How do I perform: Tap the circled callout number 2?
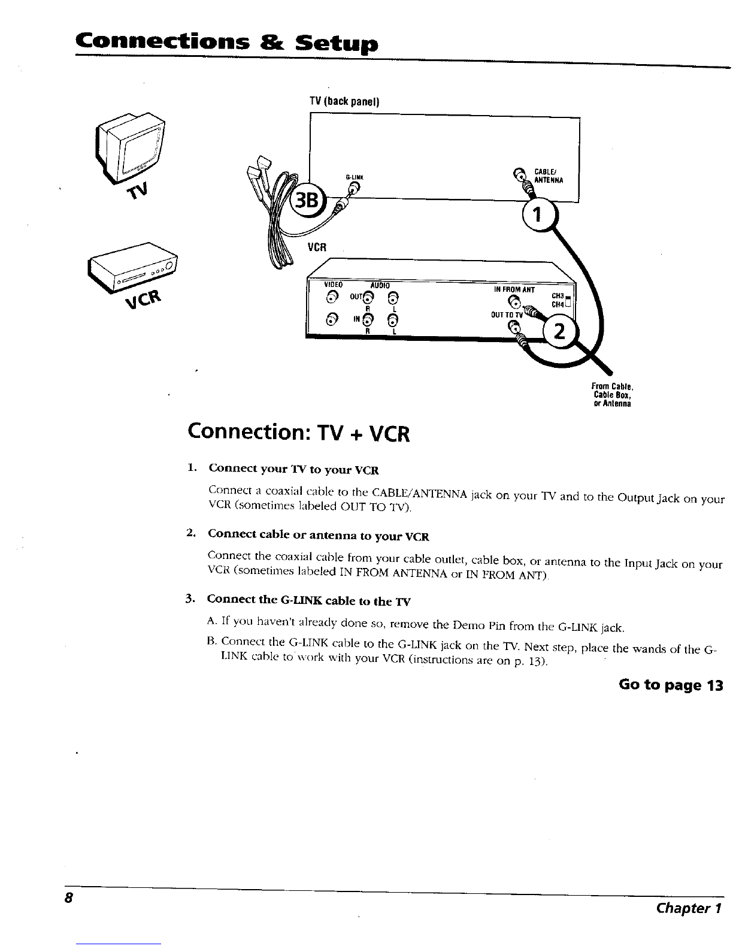pyautogui.click(x=560, y=331)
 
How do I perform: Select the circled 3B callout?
pyautogui.click(x=307, y=201)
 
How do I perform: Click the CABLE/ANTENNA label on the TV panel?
pyautogui.click(x=549, y=176)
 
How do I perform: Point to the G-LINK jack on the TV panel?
pyautogui.click(x=355, y=188)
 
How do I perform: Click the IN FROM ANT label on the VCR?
pyautogui.click(x=514, y=289)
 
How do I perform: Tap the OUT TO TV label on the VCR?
pyautogui.click(x=507, y=315)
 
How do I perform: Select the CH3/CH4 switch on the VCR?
pyautogui.click(x=568, y=301)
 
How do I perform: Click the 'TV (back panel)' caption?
pyautogui.click(x=344, y=101)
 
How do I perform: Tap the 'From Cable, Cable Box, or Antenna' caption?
pyautogui.click(x=612, y=395)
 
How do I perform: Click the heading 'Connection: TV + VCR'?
pyautogui.click(x=299, y=433)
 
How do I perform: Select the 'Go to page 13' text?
pyautogui.click(x=671, y=685)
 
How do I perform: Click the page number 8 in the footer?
pyautogui.click(x=68, y=898)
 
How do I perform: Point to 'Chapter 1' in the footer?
pyautogui.click(x=689, y=908)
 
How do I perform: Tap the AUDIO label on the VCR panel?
pyautogui.click(x=380, y=285)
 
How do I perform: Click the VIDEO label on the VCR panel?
pyautogui.click(x=333, y=285)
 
